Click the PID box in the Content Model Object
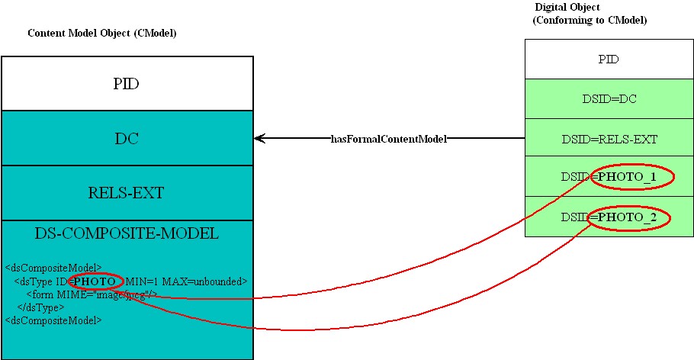coord(126,84)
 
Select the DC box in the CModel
coord(126,138)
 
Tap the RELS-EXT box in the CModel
coord(126,193)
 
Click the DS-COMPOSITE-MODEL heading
coord(127,233)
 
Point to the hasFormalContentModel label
coord(388,139)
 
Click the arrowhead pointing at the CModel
coord(259,139)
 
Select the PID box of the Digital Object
coord(608,59)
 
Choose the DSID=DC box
coord(608,98)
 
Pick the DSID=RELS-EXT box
coord(608,139)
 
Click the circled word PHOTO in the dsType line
coord(95,281)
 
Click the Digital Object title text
coord(567,8)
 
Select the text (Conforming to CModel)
coord(590,20)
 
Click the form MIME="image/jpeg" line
coord(92,294)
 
